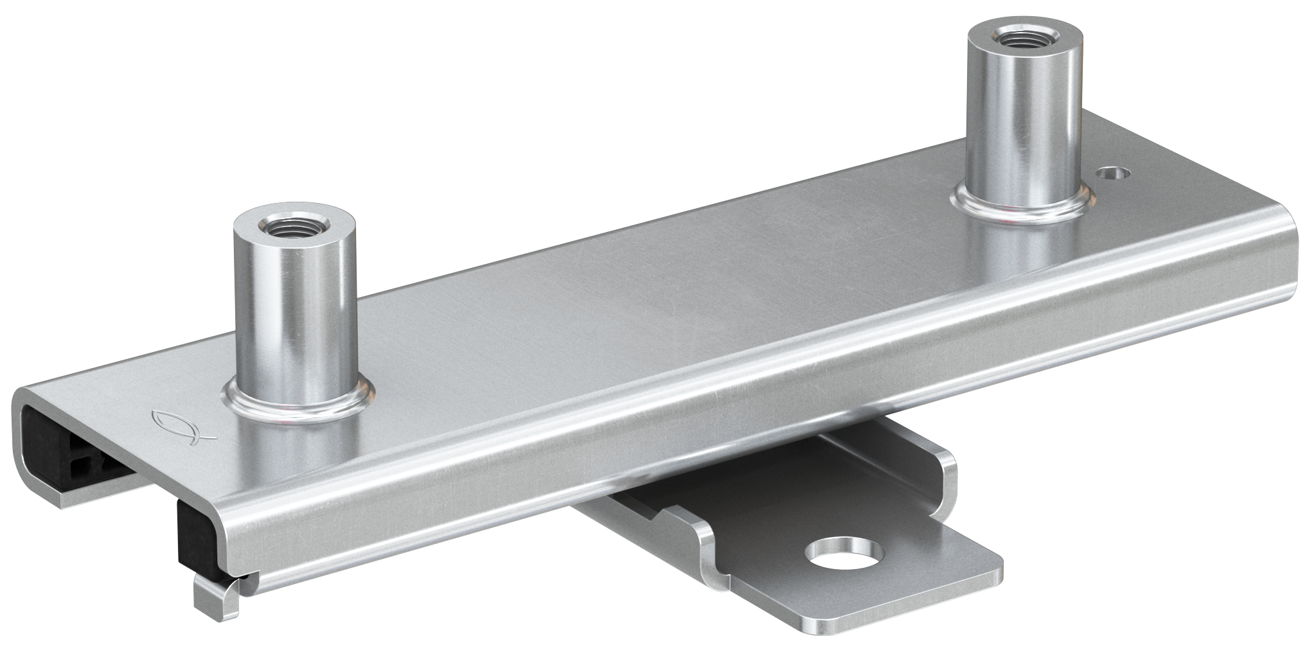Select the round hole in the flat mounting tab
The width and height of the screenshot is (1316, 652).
(x=842, y=555)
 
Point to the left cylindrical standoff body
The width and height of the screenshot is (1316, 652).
(x=294, y=315)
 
